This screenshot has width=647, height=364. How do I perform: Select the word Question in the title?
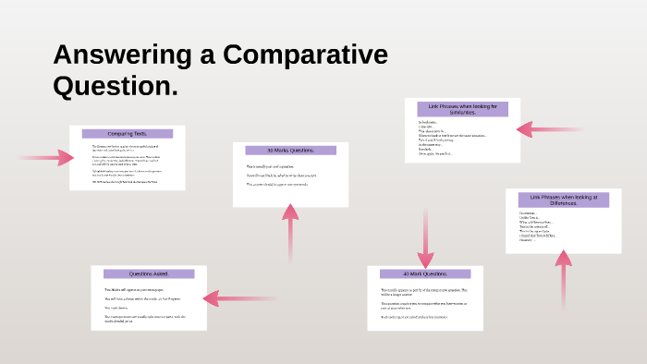pyautogui.click(x=110, y=87)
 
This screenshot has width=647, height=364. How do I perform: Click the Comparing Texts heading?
pyautogui.click(x=128, y=134)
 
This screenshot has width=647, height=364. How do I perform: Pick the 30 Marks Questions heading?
pyautogui.click(x=290, y=150)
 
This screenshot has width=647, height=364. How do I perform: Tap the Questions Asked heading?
pyautogui.click(x=149, y=273)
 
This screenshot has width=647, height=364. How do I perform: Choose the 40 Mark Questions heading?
pyautogui.click(x=425, y=273)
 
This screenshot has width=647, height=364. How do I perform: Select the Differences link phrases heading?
pyautogui.click(x=563, y=200)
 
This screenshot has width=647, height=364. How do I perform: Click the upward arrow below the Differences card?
pyautogui.click(x=563, y=277)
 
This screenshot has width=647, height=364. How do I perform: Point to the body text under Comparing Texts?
pyautogui.click(x=126, y=164)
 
